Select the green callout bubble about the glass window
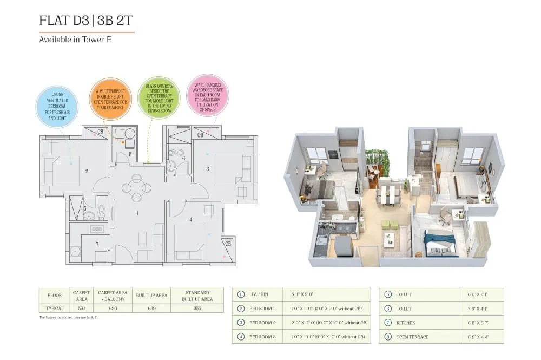click(159, 96)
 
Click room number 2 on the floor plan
click(87, 172)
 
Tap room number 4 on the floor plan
click(191, 219)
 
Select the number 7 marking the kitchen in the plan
click(97, 244)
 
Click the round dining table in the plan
click(136, 188)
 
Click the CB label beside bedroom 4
click(227, 243)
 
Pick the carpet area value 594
click(81, 308)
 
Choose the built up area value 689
click(151, 308)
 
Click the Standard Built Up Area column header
click(197, 296)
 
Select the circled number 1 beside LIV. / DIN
click(241, 294)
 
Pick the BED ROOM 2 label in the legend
click(262, 323)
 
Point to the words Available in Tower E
click(75, 40)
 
